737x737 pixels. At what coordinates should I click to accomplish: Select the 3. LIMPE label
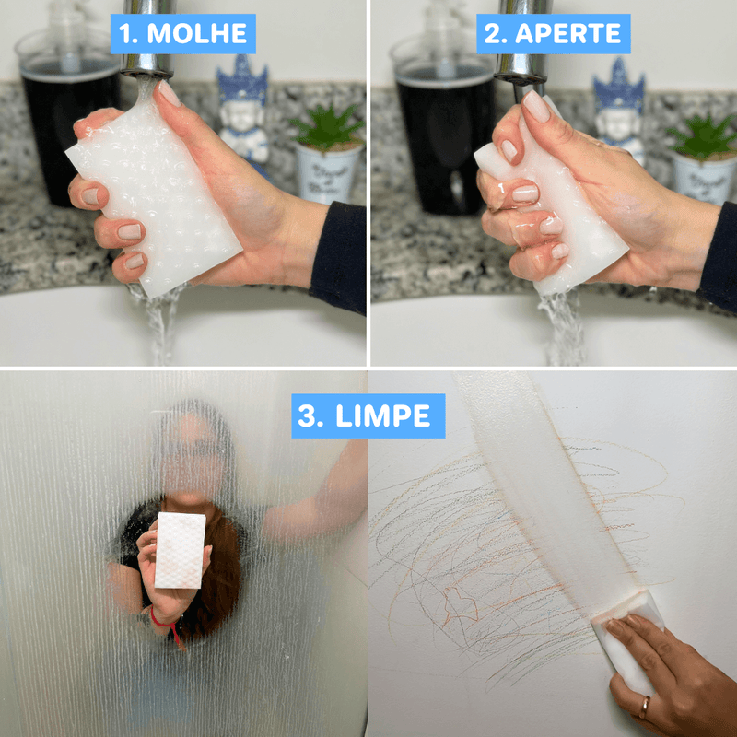click(x=368, y=415)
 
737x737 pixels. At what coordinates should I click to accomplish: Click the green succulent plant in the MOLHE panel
click(x=328, y=129)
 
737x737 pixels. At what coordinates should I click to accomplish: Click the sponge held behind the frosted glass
click(x=180, y=550)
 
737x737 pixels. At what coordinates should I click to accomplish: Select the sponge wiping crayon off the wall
click(x=626, y=636)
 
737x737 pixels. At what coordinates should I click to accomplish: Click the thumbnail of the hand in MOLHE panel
click(x=169, y=94)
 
